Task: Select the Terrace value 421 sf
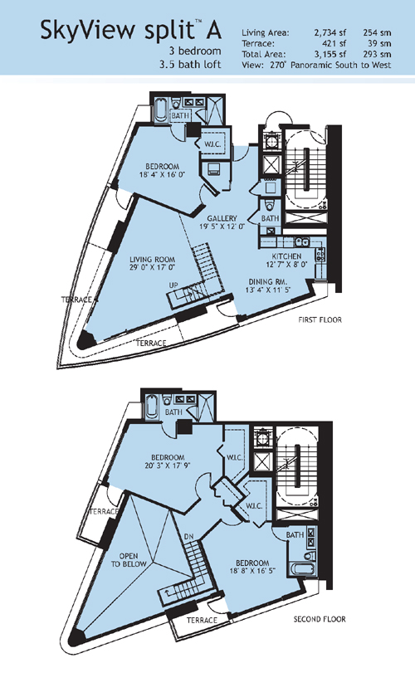(334, 43)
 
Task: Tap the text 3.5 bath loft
(190, 64)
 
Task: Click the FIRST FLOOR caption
(320, 319)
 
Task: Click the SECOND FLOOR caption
(320, 619)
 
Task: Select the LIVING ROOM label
(152, 260)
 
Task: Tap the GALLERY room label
(222, 218)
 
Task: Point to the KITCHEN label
(287, 256)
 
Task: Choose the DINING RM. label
(268, 282)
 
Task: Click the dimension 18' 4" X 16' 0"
(162, 175)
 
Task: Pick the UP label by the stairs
(173, 285)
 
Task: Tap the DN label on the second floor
(188, 537)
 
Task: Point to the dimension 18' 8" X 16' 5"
(251, 571)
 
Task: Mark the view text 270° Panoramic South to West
(330, 65)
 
